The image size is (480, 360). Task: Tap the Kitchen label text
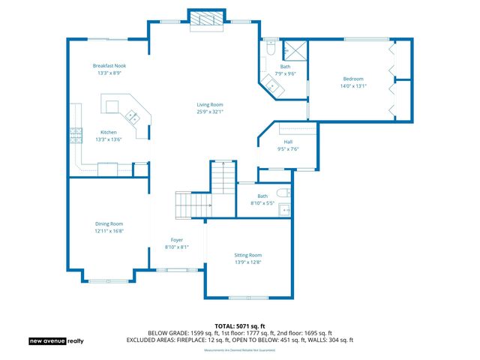coord(108,132)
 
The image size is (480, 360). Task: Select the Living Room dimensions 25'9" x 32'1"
coord(209,112)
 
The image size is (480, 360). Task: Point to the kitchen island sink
coord(131,116)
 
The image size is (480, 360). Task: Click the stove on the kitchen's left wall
coord(75,135)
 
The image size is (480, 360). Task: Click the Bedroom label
coord(353,79)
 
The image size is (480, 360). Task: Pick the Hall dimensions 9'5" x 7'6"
coord(288,148)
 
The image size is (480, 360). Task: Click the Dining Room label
coord(109,223)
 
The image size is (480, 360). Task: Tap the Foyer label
coord(177,239)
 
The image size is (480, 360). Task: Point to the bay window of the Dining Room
coord(109,273)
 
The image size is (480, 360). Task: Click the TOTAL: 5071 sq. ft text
coord(239,326)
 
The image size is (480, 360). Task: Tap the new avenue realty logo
coord(57,340)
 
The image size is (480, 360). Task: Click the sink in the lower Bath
coord(285,209)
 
